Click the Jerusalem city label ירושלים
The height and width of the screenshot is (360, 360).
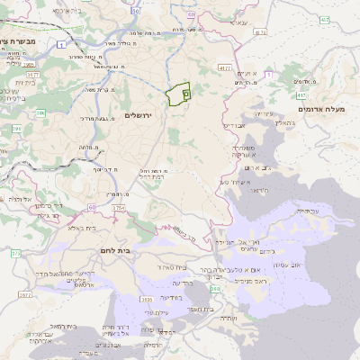140,116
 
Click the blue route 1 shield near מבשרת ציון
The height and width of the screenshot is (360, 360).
60,43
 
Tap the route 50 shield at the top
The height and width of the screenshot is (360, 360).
135,12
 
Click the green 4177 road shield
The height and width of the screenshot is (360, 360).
225,67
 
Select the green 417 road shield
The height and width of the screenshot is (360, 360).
301,94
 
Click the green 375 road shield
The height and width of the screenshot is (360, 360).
15,255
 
